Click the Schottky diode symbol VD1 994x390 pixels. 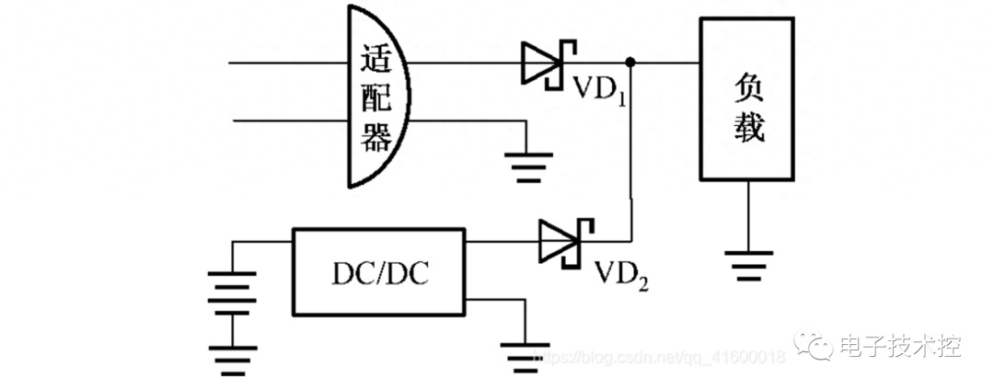coord(548,63)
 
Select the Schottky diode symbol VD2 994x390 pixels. coord(565,241)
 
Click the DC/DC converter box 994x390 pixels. coord(378,271)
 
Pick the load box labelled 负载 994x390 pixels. coord(746,99)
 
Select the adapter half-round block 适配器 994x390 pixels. coord(378,96)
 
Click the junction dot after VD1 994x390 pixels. coord(630,63)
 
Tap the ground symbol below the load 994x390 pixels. coord(748,265)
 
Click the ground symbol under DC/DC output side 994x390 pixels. coord(525,359)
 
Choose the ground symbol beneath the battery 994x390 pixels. coord(232,362)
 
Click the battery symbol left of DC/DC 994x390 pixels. coord(232,295)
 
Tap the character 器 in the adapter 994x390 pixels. coord(376,135)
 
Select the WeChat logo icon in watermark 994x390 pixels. coord(814,345)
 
